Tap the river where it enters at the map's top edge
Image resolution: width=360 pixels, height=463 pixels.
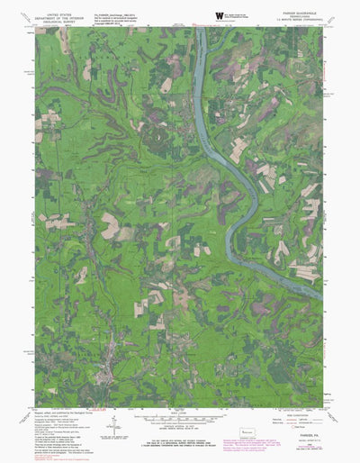tap(202, 29)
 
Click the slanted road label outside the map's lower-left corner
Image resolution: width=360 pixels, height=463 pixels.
tap(32, 400)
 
